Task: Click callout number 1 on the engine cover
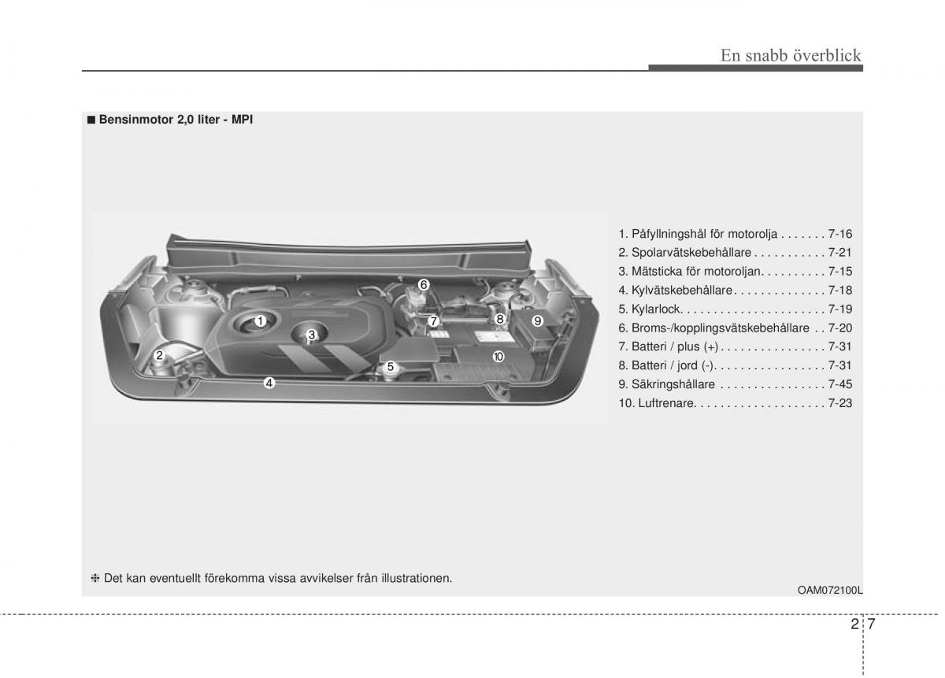click(261, 321)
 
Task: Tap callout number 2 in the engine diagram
click(159, 355)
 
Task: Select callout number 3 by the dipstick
click(312, 335)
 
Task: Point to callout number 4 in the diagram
click(269, 383)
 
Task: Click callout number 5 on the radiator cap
click(391, 367)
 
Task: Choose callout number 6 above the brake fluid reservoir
click(424, 285)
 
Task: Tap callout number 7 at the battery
click(433, 321)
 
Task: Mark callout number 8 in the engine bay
click(500, 319)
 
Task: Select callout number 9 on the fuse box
click(537, 321)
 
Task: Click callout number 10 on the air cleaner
click(498, 357)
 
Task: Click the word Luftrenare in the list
click(666, 403)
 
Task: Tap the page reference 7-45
click(840, 384)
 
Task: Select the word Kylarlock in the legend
click(655, 309)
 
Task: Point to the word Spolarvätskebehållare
click(691, 252)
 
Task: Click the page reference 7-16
click(840, 234)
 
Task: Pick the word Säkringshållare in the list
click(673, 384)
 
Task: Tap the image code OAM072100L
click(830, 591)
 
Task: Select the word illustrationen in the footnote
click(417, 579)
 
